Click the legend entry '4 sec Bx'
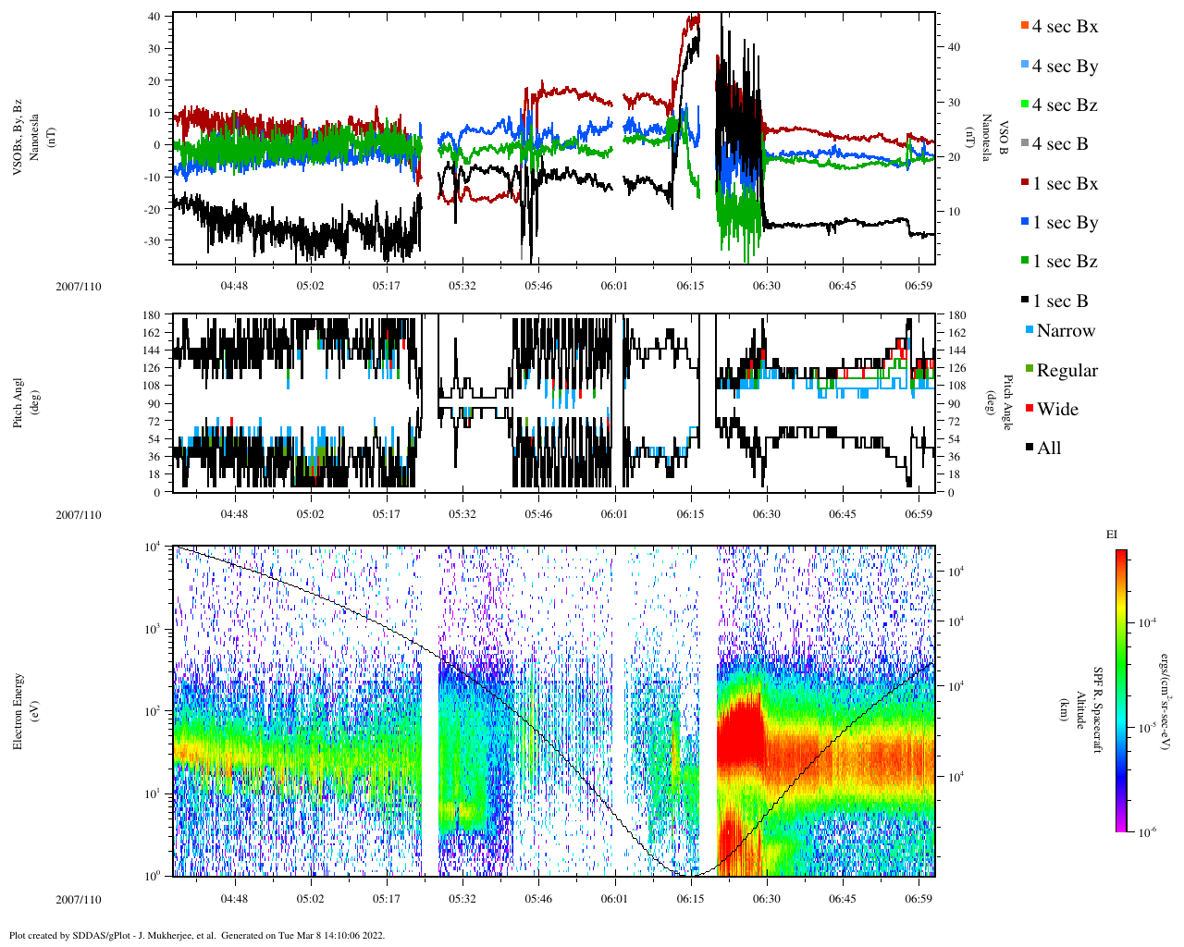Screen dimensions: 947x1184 (x=1065, y=27)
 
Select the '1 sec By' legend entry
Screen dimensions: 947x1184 (x=1065, y=223)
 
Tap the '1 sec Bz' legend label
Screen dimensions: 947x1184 (x=1065, y=262)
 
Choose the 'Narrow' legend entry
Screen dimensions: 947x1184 (x=1066, y=331)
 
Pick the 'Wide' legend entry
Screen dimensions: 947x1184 (x=1057, y=410)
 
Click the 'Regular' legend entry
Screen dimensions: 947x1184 (x=1067, y=371)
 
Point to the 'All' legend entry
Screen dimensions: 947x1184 (x=1049, y=449)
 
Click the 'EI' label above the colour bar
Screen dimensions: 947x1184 (x=1112, y=535)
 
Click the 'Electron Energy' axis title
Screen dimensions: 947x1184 (x=18, y=710)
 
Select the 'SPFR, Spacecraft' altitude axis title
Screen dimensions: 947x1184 (x=1098, y=710)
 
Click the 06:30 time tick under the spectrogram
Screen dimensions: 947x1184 (x=766, y=899)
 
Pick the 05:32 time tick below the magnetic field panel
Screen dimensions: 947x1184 (x=462, y=286)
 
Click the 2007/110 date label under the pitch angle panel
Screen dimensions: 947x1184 (x=79, y=514)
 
